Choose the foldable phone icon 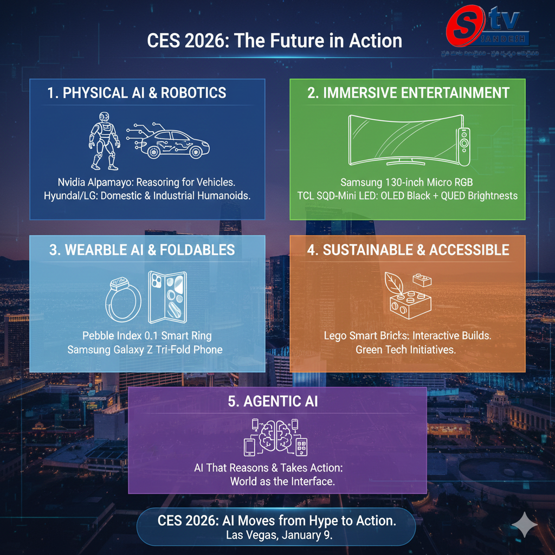click(167, 296)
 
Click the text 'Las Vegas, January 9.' click(276, 535)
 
